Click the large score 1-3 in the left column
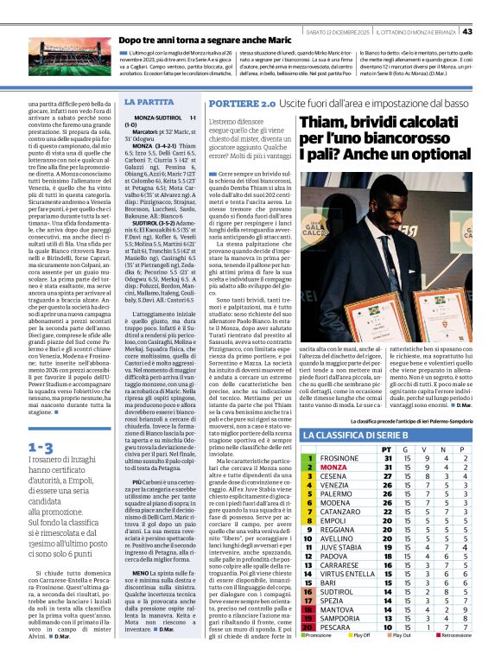40,448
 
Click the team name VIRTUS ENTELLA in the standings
347,573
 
